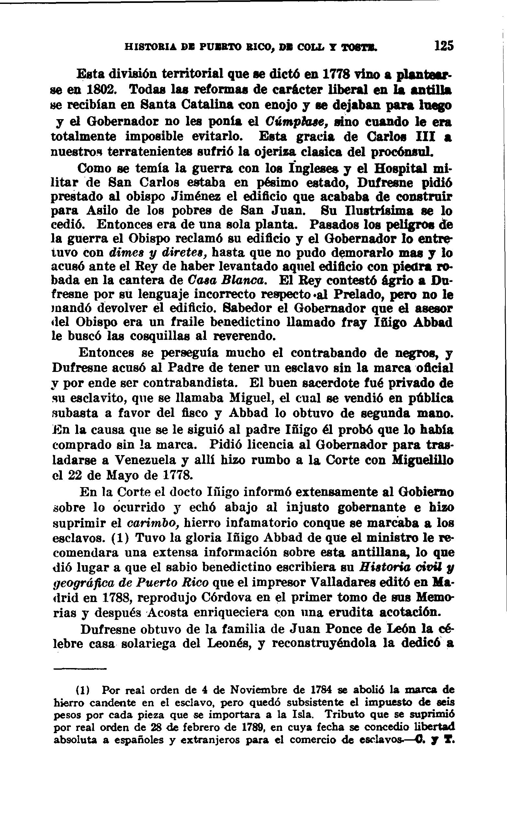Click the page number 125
(x=444, y=46)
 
